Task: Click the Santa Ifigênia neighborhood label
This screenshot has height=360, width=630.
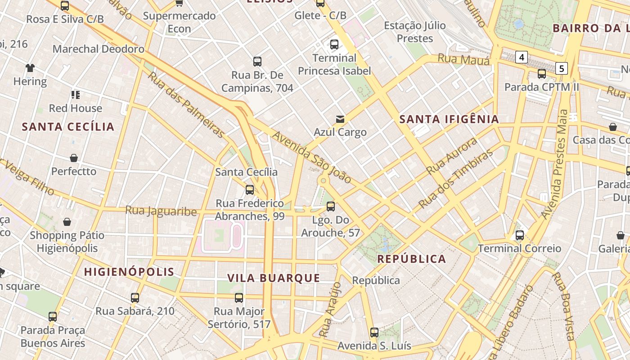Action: tap(449, 119)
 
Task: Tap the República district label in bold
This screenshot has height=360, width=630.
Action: tap(411, 259)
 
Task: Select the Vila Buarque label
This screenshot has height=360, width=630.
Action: tap(274, 278)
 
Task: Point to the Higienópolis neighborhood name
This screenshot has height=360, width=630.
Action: tap(129, 272)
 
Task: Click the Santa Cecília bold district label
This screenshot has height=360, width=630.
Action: tap(68, 126)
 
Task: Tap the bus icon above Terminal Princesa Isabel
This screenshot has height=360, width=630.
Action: tap(334, 45)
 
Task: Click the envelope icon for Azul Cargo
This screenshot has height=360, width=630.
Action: tap(340, 119)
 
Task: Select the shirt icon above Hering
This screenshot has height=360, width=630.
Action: tap(30, 68)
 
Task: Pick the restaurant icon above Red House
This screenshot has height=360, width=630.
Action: tap(75, 95)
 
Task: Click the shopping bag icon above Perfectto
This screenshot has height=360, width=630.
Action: tap(74, 158)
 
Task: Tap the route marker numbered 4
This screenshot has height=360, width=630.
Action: tap(521, 57)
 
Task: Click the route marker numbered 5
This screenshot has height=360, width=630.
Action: tap(561, 68)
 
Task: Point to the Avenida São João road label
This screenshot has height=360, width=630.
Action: tap(312, 157)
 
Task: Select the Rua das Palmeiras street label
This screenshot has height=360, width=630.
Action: tap(186, 105)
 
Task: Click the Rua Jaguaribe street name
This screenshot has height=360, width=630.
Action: tap(161, 211)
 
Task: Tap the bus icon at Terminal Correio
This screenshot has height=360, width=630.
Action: tap(519, 235)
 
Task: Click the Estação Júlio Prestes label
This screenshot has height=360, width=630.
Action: tap(414, 32)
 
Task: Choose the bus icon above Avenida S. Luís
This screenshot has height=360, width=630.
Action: tap(374, 333)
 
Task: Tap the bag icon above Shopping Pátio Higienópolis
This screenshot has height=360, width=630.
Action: tap(67, 222)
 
